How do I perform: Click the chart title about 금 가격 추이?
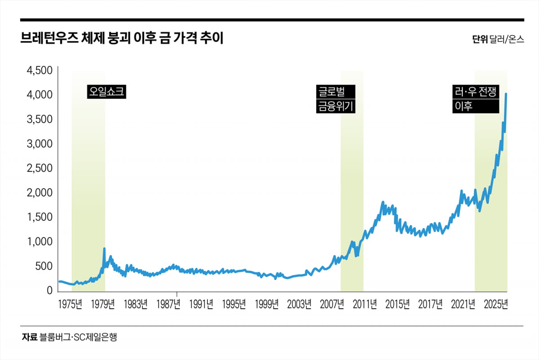(x=122, y=38)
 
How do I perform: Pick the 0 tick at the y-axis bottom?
(x=50, y=291)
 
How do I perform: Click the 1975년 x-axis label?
(x=70, y=304)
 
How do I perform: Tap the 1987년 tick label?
(x=168, y=304)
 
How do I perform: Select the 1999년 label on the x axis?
(x=266, y=304)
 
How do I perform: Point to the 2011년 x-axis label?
(x=365, y=304)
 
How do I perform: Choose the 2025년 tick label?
(x=496, y=304)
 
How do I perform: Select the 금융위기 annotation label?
(x=336, y=106)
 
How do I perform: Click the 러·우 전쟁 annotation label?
(x=476, y=92)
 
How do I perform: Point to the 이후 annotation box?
(x=476, y=106)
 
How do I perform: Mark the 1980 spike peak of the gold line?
(x=105, y=249)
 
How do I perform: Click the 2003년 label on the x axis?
(x=299, y=304)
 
